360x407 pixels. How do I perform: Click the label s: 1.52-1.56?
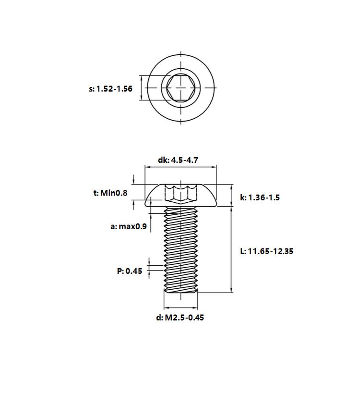click(110, 89)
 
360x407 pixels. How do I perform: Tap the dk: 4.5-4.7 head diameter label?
click(178, 160)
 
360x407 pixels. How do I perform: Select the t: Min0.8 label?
click(110, 193)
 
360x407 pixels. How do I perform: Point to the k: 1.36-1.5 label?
click(260, 197)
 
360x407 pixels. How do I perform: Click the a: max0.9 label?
click(129, 226)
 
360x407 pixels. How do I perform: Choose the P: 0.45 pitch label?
click(130, 271)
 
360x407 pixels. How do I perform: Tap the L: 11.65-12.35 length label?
click(266, 251)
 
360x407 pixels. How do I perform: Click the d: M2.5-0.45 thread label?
click(180, 317)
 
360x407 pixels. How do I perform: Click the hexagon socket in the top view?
click(181, 88)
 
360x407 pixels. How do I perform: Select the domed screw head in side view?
click(181, 196)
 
